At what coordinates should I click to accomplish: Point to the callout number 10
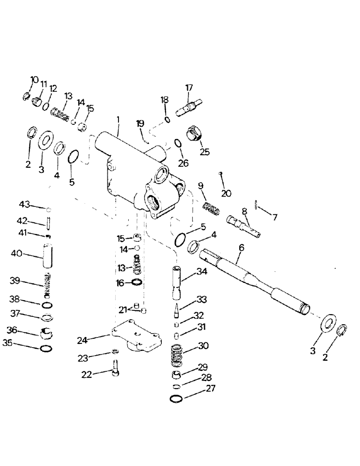pyautogui.click(x=35, y=80)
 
